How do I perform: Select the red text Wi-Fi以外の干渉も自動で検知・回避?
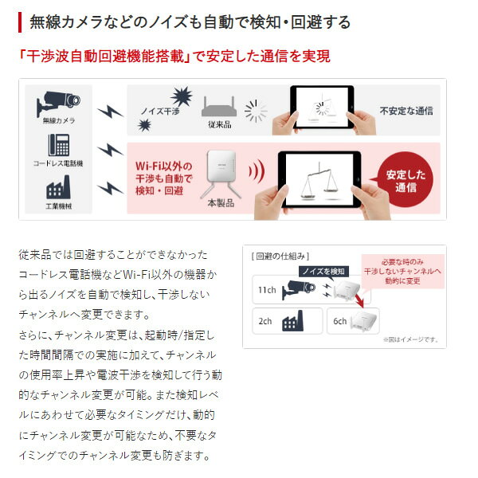pos(164,178)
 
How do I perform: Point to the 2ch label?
pos(265,322)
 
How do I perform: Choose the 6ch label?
pos(340,322)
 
